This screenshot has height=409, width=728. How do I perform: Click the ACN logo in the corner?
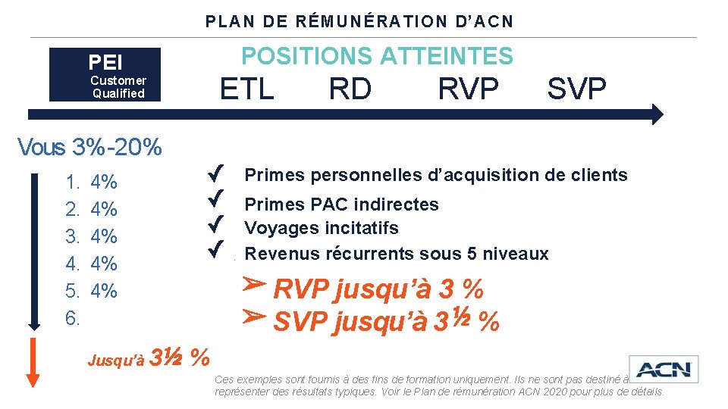(x=664, y=370)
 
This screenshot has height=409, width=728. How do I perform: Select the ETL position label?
(x=246, y=89)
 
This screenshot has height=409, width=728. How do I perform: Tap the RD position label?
(x=350, y=89)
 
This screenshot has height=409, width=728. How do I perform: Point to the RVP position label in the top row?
(x=468, y=89)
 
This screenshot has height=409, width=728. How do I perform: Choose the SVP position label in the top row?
(x=576, y=89)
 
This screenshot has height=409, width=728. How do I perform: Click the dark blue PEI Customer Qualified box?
(x=105, y=74)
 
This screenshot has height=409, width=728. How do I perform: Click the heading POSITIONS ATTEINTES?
(x=377, y=55)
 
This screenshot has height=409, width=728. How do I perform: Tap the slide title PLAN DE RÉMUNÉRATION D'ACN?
(x=359, y=21)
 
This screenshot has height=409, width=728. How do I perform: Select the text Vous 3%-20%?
(x=89, y=147)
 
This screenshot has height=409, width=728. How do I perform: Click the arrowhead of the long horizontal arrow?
(x=656, y=114)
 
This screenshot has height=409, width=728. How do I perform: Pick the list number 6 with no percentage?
(x=73, y=319)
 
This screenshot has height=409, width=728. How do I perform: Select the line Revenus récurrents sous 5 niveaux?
(x=396, y=254)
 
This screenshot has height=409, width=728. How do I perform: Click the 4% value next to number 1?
(x=103, y=182)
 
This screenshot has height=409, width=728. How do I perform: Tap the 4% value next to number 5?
(x=103, y=291)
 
